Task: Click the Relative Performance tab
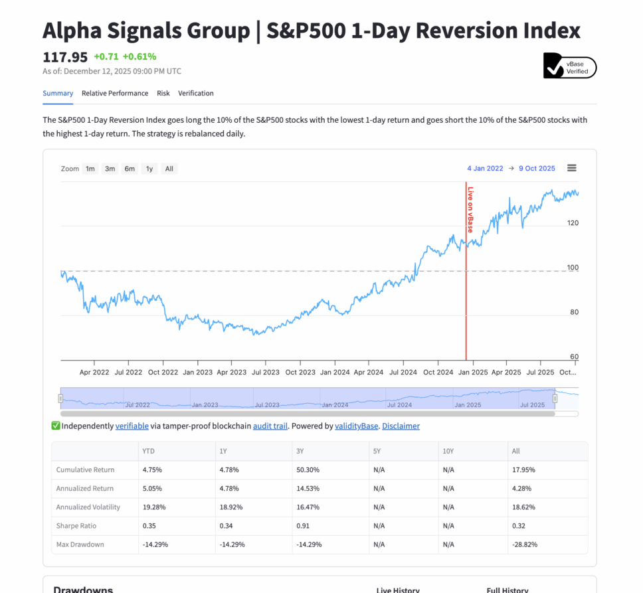coord(115,93)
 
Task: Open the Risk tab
coord(163,93)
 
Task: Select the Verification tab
coord(196,93)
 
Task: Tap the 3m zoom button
coord(110,169)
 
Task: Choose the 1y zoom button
coord(149,169)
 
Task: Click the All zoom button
coord(169,169)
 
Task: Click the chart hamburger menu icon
coord(572,168)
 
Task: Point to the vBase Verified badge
coord(570,66)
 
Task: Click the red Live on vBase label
coord(470,210)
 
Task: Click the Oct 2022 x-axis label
coord(162,373)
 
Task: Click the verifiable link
coord(131,426)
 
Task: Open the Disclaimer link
coord(401,426)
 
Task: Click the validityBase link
coord(356,426)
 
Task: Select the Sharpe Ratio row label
coord(76,526)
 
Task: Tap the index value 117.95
coord(65,56)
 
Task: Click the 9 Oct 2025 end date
coord(537,169)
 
